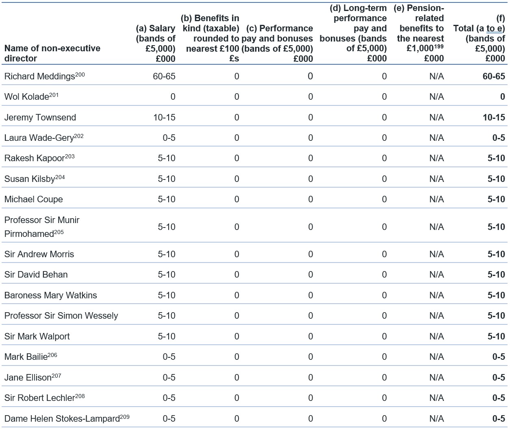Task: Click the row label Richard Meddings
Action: click(x=39, y=77)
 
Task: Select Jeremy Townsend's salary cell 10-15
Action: click(x=164, y=118)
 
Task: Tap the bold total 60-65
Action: click(x=494, y=77)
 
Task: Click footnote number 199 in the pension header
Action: click(x=438, y=46)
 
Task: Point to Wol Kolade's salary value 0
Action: click(x=173, y=96)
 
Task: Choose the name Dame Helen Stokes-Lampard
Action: click(x=62, y=418)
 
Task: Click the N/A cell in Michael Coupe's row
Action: click(x=436, y=199)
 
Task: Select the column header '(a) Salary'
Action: click(x=156, y=28)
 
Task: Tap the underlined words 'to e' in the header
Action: click(x=494, y=28)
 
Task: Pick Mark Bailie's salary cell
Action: click(x=169, y=357)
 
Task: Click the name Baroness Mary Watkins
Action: click(x=50, y=295)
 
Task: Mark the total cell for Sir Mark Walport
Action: click(x=496, y=337)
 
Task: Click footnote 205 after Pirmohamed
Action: click(x=59, y=232)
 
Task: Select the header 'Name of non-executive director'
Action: click(x=52, y=53)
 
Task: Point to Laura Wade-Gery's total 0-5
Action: click(x=499, y=138)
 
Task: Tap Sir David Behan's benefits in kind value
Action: click(x=237, y=275)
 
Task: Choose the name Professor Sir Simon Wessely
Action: click(x=61, y=316)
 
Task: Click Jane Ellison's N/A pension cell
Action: click(x=436, y=377)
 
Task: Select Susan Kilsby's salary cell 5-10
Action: click(x=167, y=179)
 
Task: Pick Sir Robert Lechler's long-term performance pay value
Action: click(x=384, y=398)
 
